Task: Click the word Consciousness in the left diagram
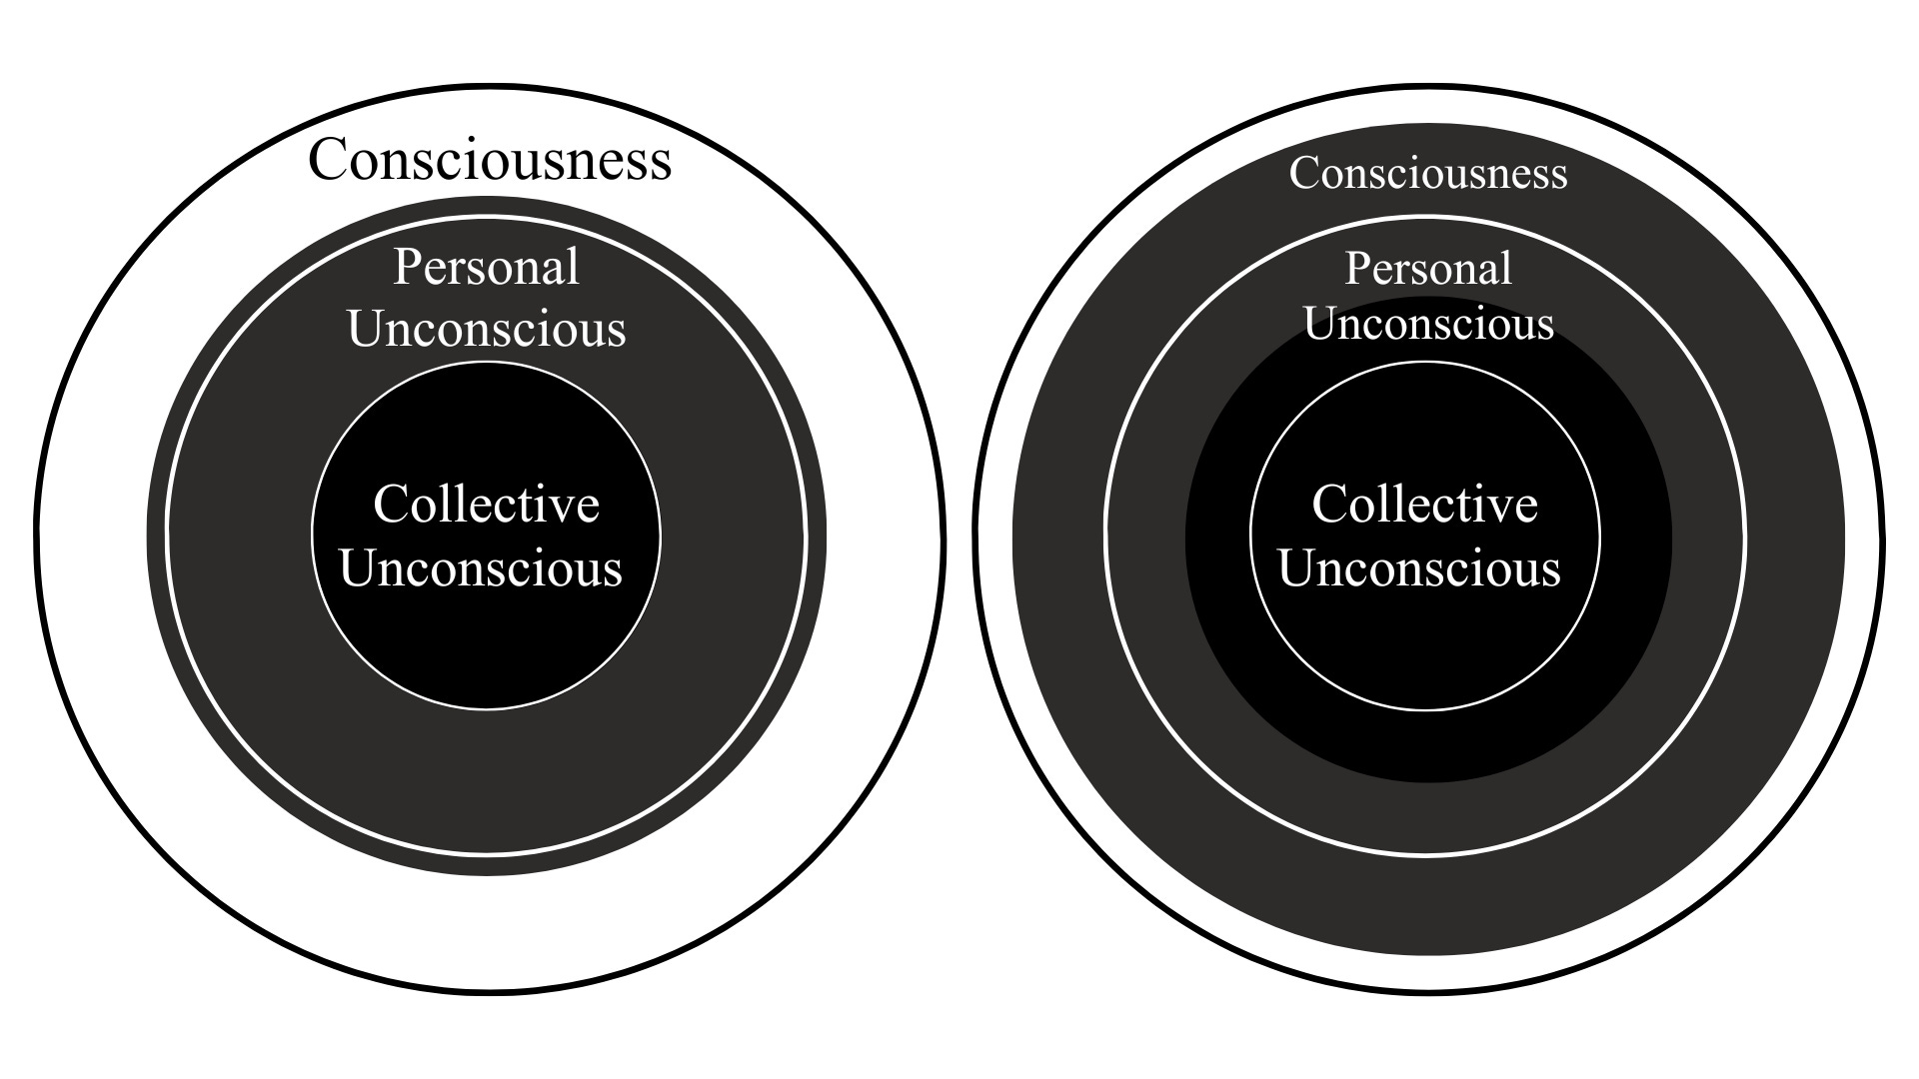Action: [x=490, y=160]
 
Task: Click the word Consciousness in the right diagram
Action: [x=1428, y=173]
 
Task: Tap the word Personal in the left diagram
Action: [x=487, y=267]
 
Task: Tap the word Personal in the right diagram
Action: [x=1428, y=269]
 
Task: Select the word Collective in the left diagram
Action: [x=487, y=504]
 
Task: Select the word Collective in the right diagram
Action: [x=1425, y=504]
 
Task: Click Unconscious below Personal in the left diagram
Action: [x=487, y=329]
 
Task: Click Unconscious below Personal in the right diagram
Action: [x=1429, y=324]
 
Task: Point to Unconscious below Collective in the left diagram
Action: [x=481, y=567]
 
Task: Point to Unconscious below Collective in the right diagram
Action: [x=1419, y=567]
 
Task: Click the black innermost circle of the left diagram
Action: [x=487, y=649]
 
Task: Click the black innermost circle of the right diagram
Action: [x=1425, y=649]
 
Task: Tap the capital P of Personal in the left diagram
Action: [x=406, y=267]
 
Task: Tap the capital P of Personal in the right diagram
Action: [x=1356, y=269]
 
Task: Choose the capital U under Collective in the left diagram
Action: [x=359, y=567]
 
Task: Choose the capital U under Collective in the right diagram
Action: [x=1297, y=567]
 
